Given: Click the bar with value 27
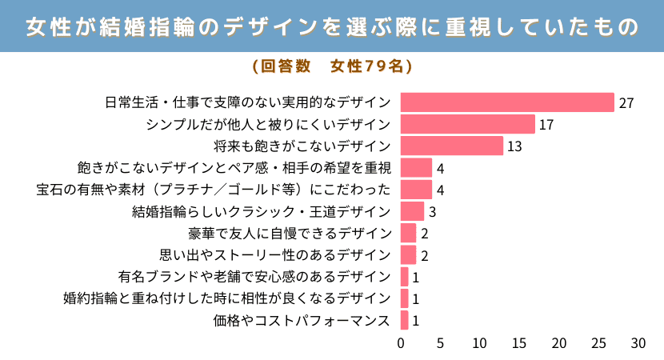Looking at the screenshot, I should (x=507, y=102).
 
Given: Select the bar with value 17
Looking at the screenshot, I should (x=467, y=124).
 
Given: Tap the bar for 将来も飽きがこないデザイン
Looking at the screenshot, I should (x=451, y=146).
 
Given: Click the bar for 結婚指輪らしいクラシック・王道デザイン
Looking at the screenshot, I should (x=412, y=211).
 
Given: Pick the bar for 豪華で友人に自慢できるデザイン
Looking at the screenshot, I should (x=408, y=233).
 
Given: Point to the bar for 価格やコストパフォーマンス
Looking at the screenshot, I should (x=404, y=320).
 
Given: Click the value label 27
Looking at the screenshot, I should (x=626, y=103).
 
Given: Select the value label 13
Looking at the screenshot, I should (x=514, y=146).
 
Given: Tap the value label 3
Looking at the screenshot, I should (x=432, y=212).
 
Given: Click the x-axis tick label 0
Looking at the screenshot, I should (x=401, y=343).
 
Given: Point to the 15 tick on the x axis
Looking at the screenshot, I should (x=519, y=343).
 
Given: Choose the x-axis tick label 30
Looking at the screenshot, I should (x=638, y=343).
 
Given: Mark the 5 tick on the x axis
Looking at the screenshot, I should (x=440, y=343).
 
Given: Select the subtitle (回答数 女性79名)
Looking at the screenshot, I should (x=332, y=66).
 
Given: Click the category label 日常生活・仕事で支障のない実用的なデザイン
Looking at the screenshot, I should (x=248, y=102).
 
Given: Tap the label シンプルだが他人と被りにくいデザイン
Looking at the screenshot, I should (x=269, y=124).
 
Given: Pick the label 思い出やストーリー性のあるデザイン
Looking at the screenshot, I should (x=276, y=255).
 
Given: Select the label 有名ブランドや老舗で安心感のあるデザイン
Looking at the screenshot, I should (x=254, y=277).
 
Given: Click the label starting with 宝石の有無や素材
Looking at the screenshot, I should (x=214, y=190).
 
